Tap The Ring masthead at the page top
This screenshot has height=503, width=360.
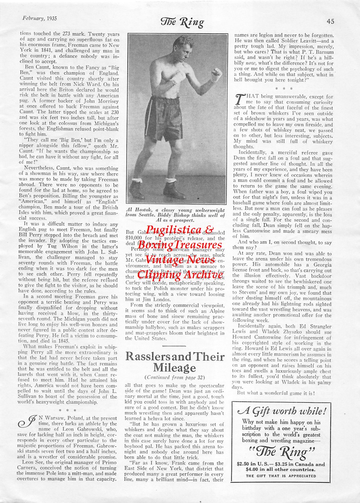[x=182, y=22]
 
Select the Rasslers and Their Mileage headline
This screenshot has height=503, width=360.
[x=175, y=362]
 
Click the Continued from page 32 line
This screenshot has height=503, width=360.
[x=175, y=377]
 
